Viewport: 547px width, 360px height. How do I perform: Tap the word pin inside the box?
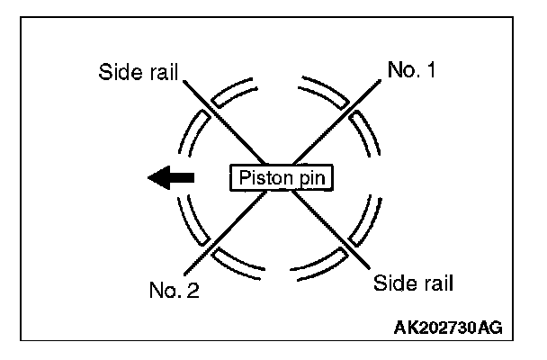308,178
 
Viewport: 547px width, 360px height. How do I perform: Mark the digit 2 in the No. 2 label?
193,291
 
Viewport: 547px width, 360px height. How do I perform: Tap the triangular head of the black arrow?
158,178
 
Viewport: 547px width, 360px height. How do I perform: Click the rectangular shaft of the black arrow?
182,178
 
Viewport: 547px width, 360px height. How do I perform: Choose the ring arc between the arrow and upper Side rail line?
190,135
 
